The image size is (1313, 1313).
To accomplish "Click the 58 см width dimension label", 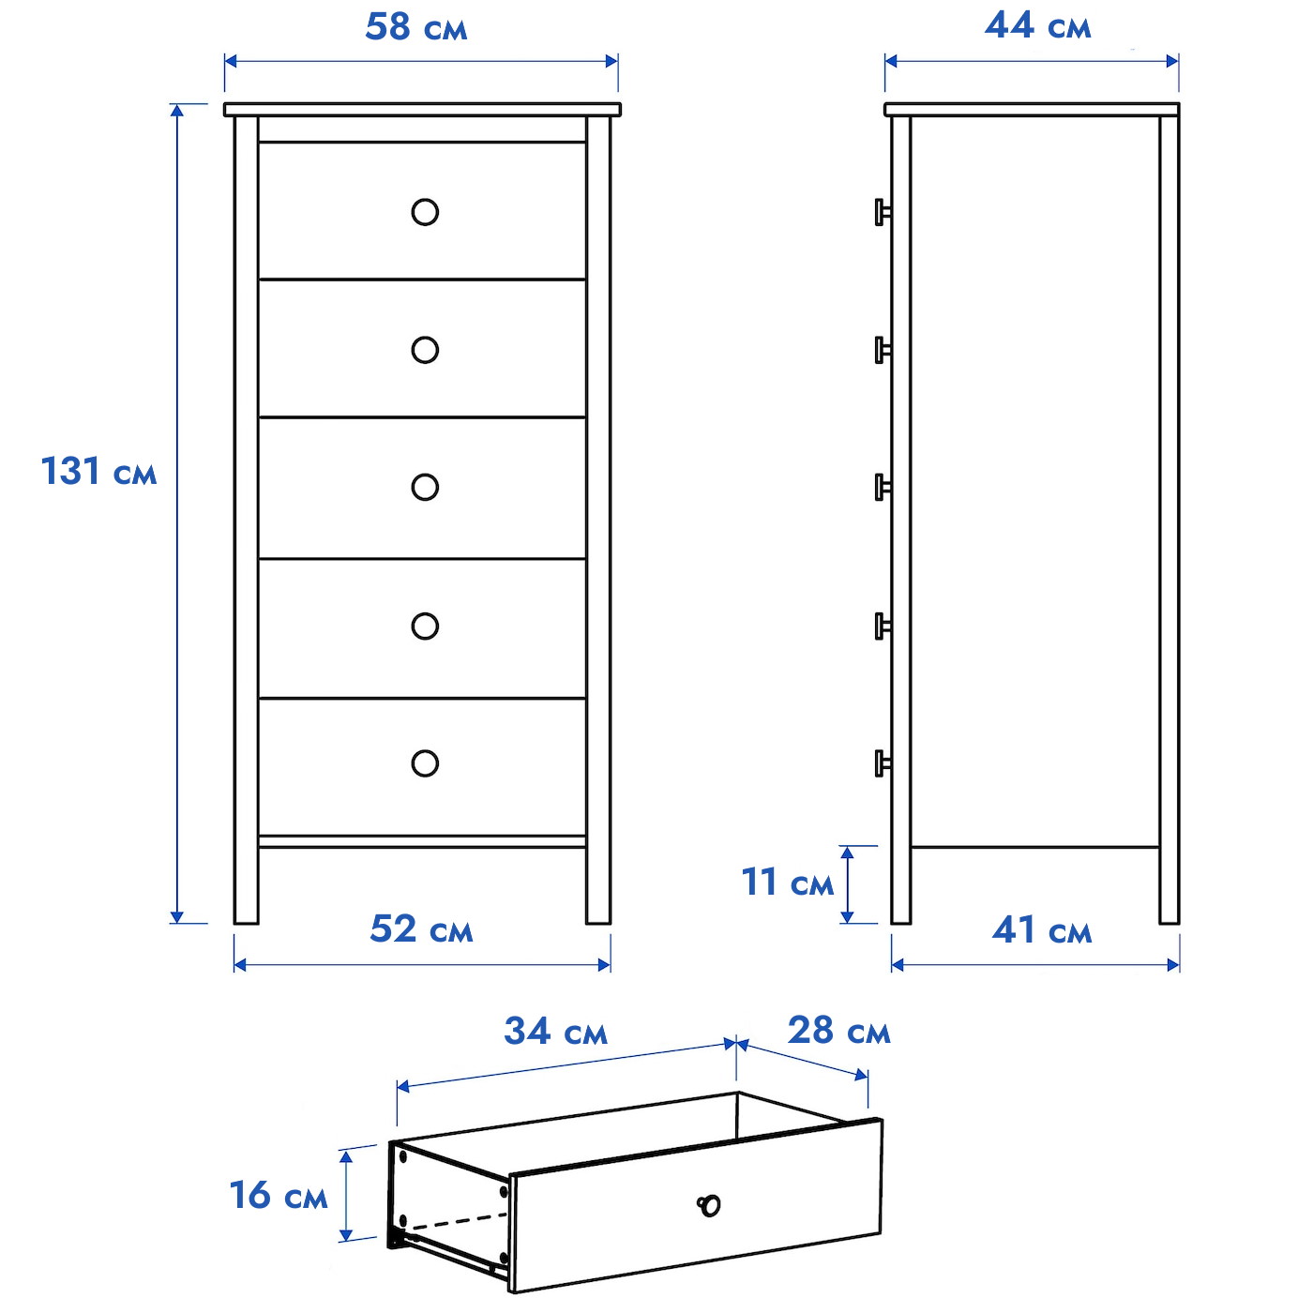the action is coord(415,28).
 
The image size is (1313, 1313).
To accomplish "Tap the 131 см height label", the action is coord(98,471).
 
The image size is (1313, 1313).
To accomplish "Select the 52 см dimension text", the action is coord(421,928).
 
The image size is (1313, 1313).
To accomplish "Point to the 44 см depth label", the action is coord(1037,26).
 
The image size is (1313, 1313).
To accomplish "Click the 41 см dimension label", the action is coord(1042,930).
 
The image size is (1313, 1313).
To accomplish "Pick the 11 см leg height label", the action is coord(787,882).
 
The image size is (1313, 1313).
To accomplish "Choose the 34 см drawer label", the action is coord(555,1031).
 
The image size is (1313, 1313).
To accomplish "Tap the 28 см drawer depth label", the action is coord(838,1030).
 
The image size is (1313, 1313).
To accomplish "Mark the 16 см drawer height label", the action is coord(278,1195).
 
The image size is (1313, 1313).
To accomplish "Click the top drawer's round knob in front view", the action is coord(425,212).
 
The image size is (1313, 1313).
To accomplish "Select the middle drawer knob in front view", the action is coord(425,487).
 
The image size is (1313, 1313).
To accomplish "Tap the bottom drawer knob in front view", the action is coord(425,763).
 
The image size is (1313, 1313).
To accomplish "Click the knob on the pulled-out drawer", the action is coord(709,1205).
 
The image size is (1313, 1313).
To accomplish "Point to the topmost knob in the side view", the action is coord(883,212).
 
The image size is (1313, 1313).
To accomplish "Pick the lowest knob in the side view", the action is coord(883,763).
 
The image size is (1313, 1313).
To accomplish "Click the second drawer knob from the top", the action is coord(425,350).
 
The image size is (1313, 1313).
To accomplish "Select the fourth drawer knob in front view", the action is coord(425,626).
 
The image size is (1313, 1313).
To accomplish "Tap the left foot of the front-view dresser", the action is coord(246,885).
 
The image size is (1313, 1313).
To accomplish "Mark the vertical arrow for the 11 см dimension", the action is coord(847,884).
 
